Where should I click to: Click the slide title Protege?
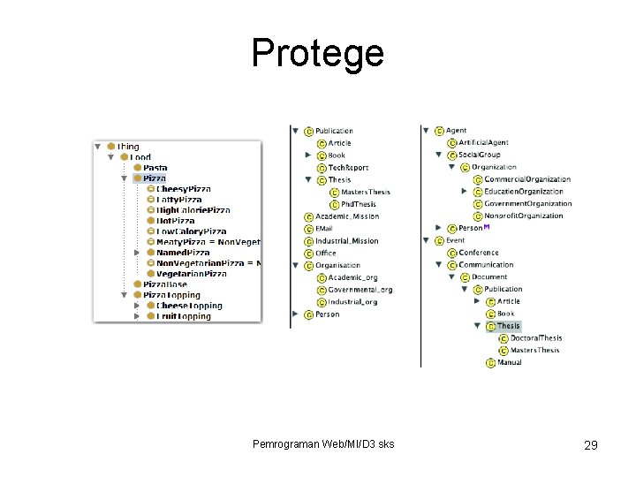317,53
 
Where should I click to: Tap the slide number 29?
590,445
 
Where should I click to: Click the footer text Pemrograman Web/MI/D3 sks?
323,443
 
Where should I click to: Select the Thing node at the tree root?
127,147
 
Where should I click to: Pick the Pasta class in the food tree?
155,168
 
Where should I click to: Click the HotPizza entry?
176,221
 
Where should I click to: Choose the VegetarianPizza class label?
191,274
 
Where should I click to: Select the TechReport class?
348,168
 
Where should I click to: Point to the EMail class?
324,229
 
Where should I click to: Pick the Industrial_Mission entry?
346,241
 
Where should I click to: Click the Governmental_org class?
360,290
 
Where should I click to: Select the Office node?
326,254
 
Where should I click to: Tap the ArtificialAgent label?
483,143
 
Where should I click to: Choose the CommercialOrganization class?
526,179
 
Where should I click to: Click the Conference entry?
478,253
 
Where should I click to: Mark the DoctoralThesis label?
535,338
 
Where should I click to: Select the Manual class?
509,362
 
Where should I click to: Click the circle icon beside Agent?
438,132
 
